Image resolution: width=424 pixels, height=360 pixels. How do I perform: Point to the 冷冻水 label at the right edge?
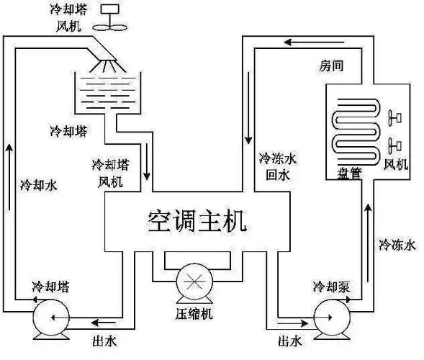click(x=397, y=245)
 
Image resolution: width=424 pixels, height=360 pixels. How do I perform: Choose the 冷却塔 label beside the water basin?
click(x=68, y=131)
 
